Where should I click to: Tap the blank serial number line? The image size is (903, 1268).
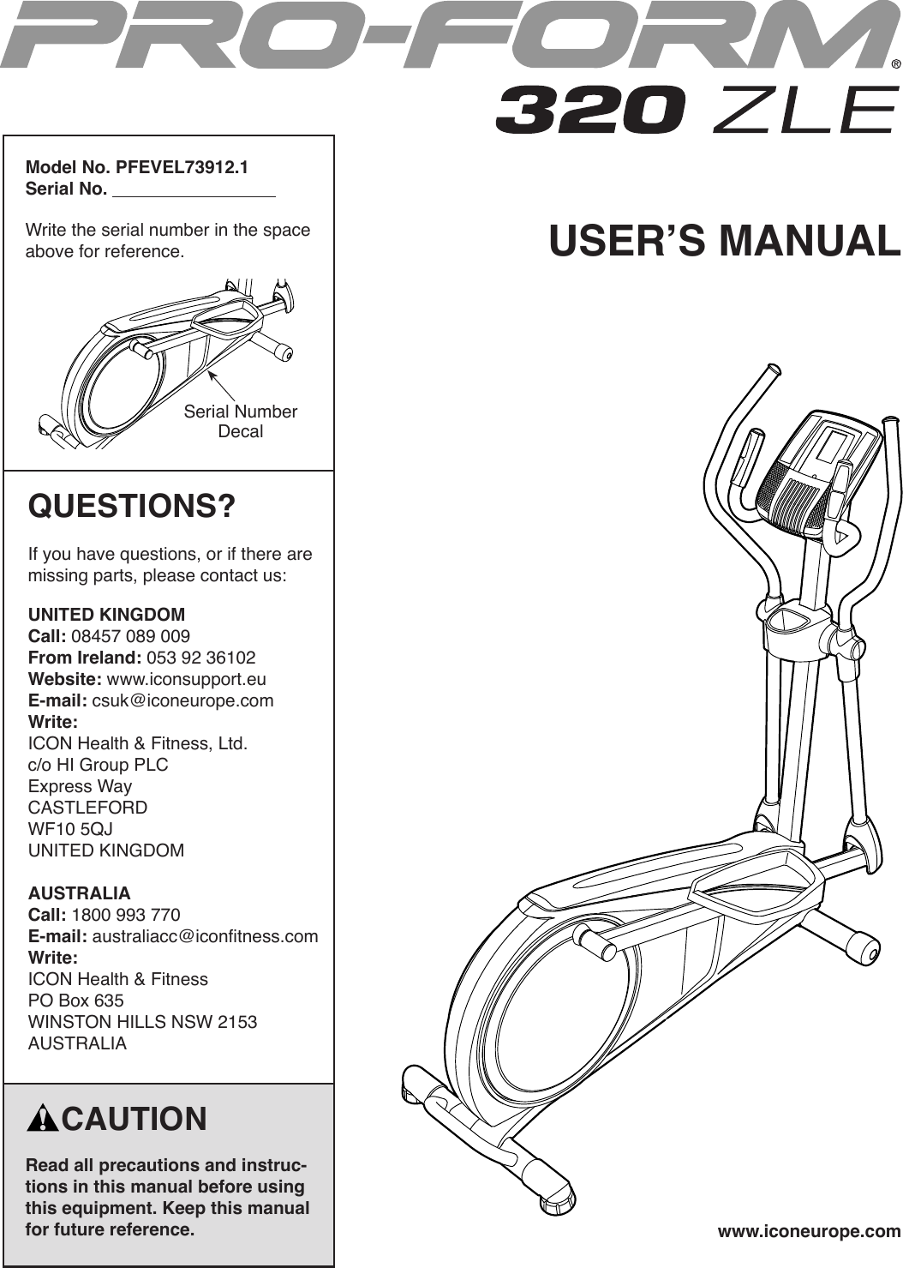[x=194, y=189]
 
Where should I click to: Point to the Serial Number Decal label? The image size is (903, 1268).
[x=240, y=421]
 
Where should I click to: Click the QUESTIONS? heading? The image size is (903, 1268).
[x=132, y=506]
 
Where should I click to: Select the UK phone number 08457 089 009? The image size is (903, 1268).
[x=131, y=636]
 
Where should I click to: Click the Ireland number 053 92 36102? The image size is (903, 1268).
[x=201, y=658]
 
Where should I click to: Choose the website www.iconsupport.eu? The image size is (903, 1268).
[x=186, y=679]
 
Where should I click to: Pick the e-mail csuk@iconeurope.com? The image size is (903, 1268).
[x=182, y=700]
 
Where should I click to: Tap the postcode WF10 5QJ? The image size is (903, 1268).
[x=70, y=829]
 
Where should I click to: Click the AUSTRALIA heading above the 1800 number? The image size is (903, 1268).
[x=80, y=892]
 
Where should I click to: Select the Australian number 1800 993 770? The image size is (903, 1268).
[x=126, y=914]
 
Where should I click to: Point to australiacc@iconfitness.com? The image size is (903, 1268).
[x=205, y=935]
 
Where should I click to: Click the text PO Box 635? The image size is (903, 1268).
[x=76, y=1000]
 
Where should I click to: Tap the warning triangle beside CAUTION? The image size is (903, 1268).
[x=42, y=1120]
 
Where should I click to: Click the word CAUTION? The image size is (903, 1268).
[x=135, y=1119]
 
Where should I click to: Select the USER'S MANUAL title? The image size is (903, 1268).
[x=725, y=241]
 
